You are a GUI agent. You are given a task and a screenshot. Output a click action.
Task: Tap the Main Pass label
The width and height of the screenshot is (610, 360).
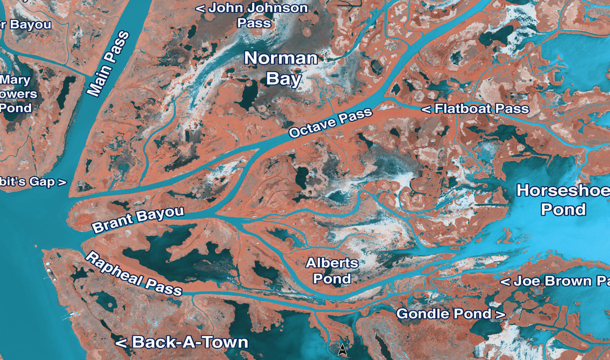108,63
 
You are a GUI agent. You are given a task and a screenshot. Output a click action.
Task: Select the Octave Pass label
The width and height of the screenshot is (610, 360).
330,123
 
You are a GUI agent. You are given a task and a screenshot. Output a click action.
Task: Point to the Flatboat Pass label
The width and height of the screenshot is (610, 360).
476,109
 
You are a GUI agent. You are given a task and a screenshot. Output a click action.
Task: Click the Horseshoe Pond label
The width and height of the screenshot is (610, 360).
563,199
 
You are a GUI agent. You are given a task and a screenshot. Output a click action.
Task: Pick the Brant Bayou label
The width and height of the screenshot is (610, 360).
138,220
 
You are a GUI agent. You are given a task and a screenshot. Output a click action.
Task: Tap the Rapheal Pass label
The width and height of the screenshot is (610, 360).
134,275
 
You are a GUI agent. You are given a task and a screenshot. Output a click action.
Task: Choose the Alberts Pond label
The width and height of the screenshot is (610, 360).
332,270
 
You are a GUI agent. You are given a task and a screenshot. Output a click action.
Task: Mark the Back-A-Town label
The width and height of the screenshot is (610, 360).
182,342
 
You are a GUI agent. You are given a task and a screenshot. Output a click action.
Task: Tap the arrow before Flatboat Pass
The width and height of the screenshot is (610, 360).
427,109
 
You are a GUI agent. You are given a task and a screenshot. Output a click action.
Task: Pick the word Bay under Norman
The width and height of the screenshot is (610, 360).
284,78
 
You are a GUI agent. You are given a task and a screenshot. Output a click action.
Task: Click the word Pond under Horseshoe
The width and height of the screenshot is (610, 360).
564,209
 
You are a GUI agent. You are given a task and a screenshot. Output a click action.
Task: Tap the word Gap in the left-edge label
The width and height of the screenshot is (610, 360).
41,182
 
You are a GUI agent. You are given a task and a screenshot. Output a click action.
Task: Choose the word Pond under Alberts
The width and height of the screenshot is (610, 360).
332,278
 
